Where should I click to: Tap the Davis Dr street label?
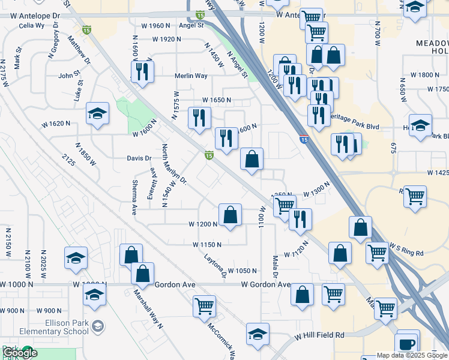click(x=139, y=158)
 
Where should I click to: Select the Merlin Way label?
click(x=191, y=76)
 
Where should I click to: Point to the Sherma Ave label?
click(x=134, y=200)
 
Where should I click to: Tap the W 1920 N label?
click(x=167, y=39)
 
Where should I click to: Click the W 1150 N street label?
click(x=207, y=245)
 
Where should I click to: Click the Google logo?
click(x=20, y=353)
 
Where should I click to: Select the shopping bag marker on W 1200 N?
click(x=230, y=215)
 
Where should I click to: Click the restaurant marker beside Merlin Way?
click(x=142, y=72)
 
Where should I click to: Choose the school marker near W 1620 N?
click(x=97, y=113)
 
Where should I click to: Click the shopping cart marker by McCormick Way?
click(x=204, y=306)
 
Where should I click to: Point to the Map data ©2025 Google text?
click(x=412, y=355)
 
